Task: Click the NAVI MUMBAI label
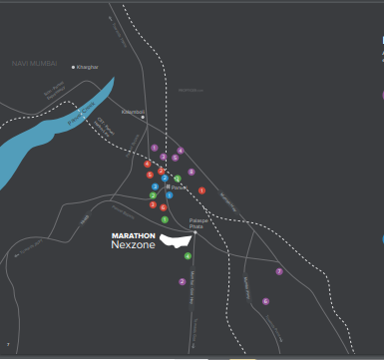click(x=34, y=62)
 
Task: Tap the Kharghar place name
click(x=89, y=67)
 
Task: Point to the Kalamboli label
click(x=133, y=112)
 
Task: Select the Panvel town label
click(x=179, y=186)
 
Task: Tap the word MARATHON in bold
click(x=133, y=236)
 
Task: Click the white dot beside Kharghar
click(x=74, y=67)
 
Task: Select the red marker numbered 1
click(x=201, y=190)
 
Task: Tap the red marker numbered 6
click(x=163, y=207)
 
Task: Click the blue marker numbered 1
click(x=170, y=194)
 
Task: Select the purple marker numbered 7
click(x=279, y=271)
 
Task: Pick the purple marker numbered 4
click(x=181, y=151)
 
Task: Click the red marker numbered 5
click(x=150, y=175)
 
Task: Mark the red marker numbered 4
click(x=148, y=164)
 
